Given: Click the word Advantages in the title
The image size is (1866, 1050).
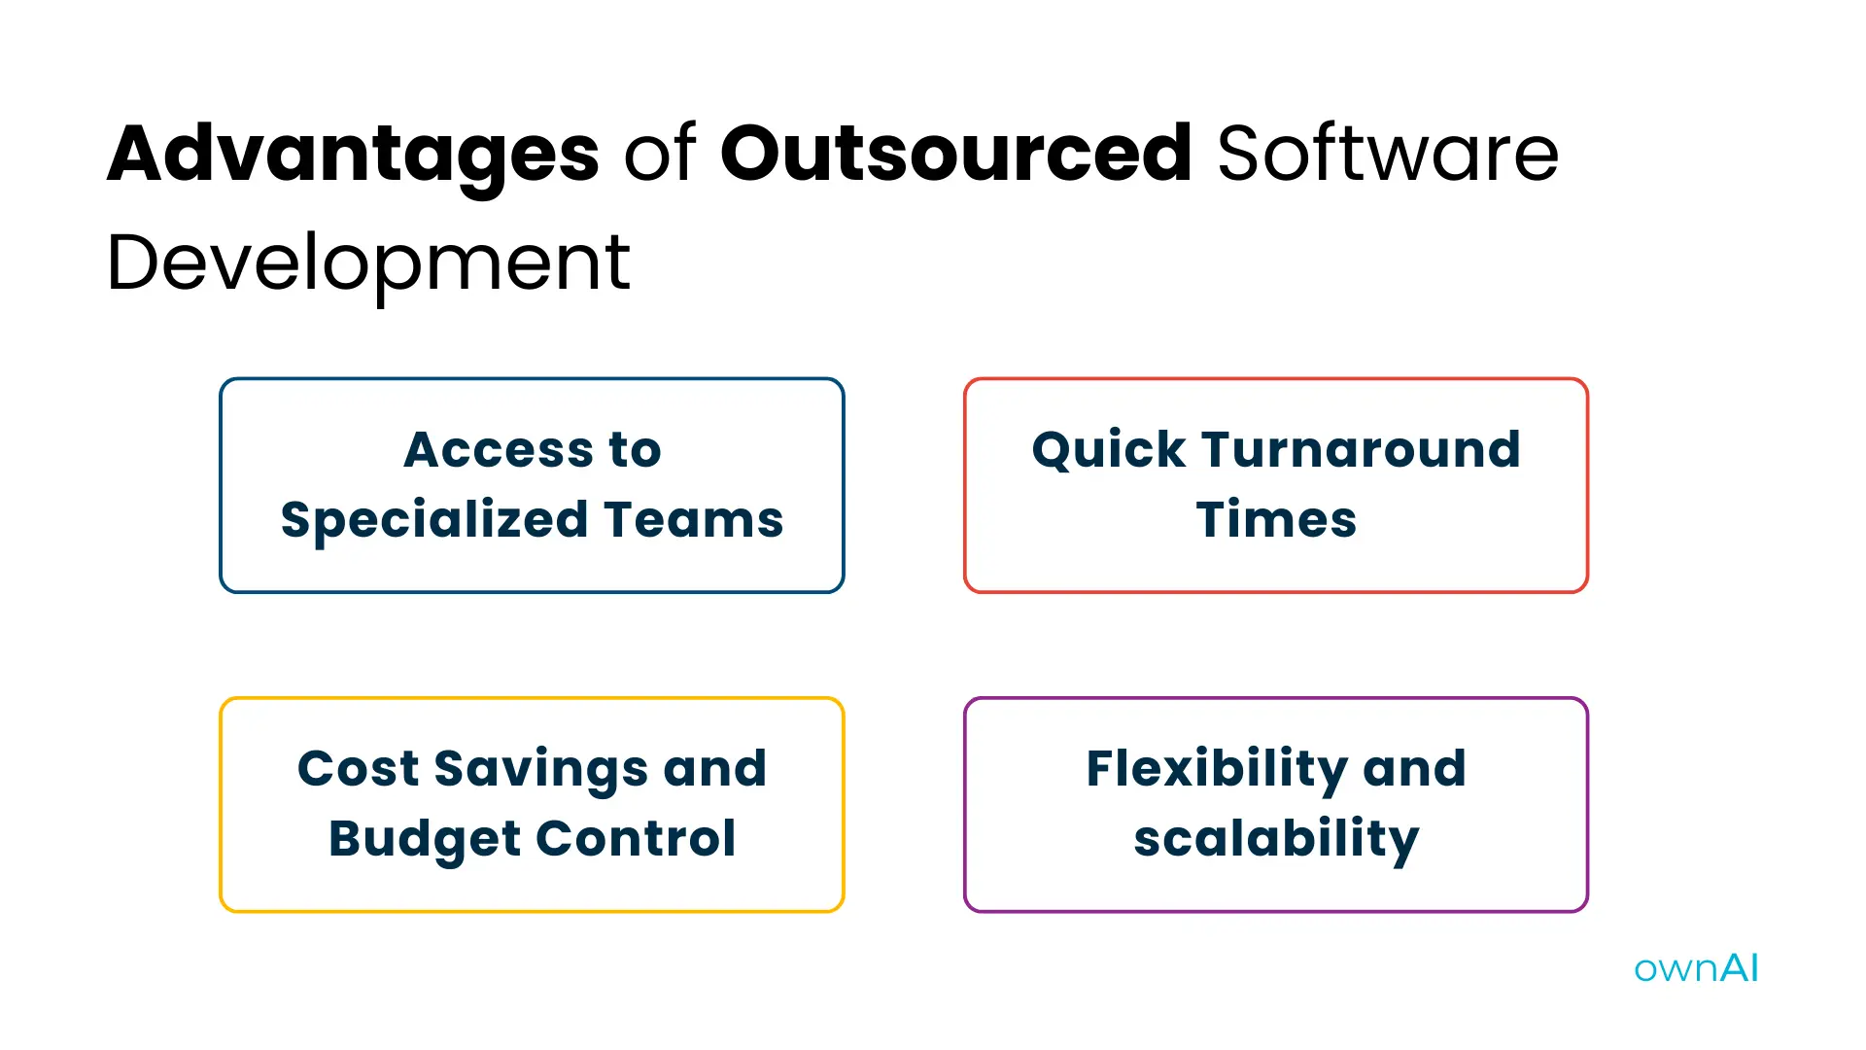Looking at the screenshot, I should pos(353,154).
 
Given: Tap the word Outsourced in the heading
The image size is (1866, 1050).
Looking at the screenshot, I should pos(955,154).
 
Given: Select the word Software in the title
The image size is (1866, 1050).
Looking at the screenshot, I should pos(1387,154).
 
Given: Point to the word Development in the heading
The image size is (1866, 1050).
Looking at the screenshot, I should pos(368,262).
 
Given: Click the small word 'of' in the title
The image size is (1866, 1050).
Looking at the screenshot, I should pos(659,154).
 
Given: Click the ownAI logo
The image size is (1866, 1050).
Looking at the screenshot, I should pos(1696,968).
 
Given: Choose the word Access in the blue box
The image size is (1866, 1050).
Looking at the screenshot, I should pos(499,450).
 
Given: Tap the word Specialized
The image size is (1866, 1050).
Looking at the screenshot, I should pos(433,520).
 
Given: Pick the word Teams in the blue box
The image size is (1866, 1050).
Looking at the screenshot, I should pos(693,520).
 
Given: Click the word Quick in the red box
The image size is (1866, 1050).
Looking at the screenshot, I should pos(1108,450).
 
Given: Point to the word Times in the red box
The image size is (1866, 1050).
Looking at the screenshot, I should pos(1276,520).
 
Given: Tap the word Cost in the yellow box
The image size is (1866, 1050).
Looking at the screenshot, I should pos(358,769).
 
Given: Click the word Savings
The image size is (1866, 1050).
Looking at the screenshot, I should pos(540,769).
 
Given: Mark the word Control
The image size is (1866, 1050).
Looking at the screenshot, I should pos(636,839).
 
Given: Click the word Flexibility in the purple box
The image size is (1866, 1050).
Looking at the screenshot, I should pos(1216,769).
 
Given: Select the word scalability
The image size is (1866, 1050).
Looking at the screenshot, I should pos(1276,839).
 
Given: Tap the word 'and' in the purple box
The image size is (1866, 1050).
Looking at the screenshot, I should pos(1414,769).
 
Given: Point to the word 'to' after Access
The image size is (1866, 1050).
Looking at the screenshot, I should pos(635,450).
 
